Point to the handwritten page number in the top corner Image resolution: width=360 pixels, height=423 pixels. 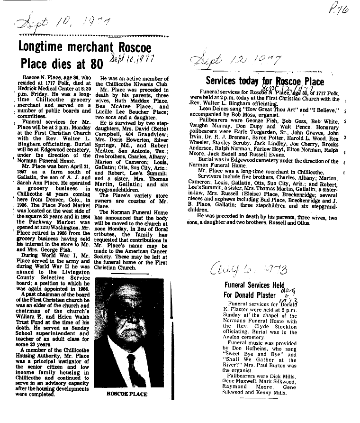(x=339, y=9)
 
